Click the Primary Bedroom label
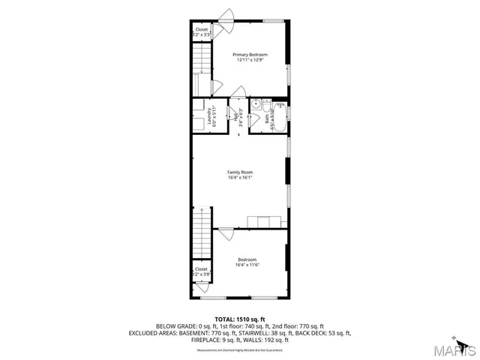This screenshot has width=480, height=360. [250, 55]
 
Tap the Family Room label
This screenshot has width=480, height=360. [240, 172]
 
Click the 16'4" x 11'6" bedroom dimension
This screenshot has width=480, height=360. [247, 265]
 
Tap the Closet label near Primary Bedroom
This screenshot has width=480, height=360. [202, 31]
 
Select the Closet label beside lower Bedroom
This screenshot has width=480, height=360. [201, 268]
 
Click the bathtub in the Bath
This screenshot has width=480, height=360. [280, 117]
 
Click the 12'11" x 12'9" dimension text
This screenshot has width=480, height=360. [250, 60]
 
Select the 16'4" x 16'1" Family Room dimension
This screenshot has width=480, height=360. [240, 177]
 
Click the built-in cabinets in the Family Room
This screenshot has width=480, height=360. [267, 221]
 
